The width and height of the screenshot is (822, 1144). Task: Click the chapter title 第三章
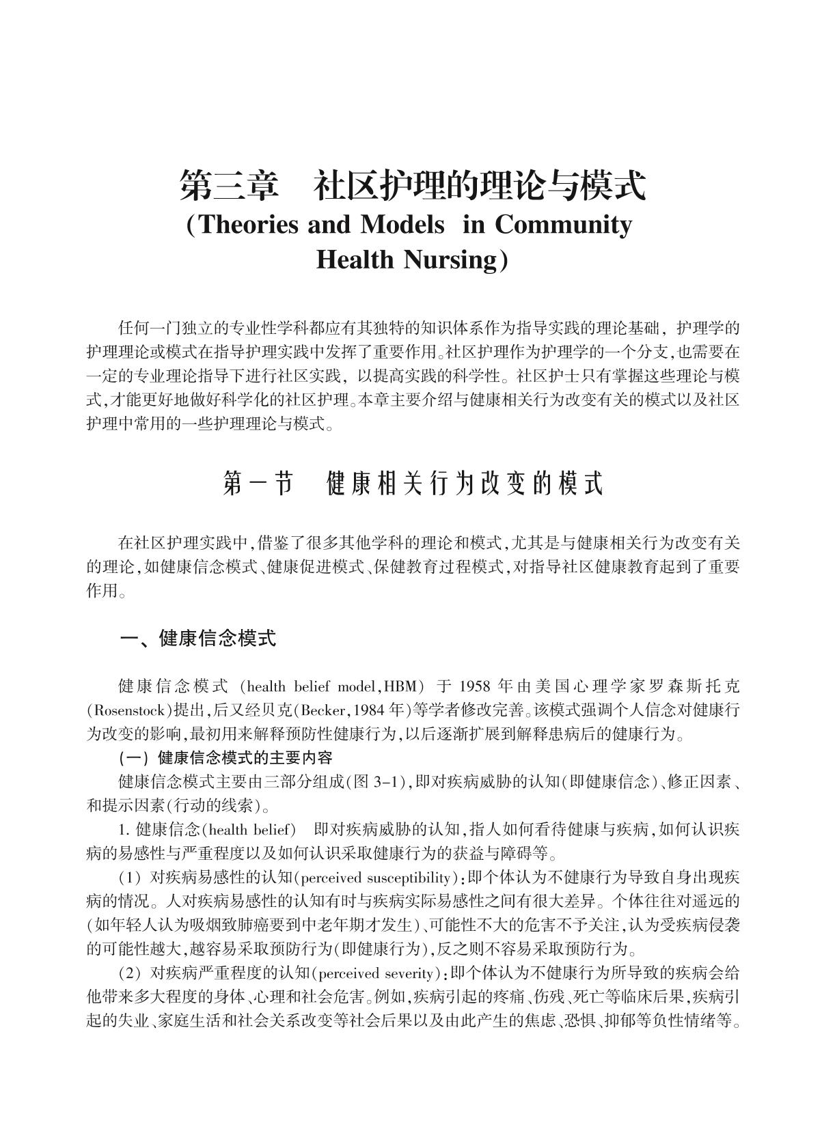230,186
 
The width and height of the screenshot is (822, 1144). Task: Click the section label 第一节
258,484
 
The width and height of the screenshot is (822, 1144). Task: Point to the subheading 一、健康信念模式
198,639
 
